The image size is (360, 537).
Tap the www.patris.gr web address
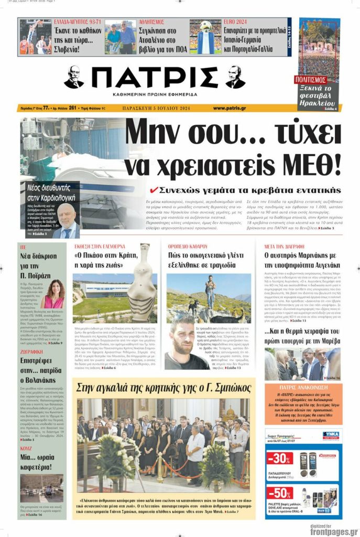point(230,108)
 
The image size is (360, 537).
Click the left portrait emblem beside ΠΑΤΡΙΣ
point(74,77)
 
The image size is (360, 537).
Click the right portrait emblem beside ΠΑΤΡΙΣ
point(235,77)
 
